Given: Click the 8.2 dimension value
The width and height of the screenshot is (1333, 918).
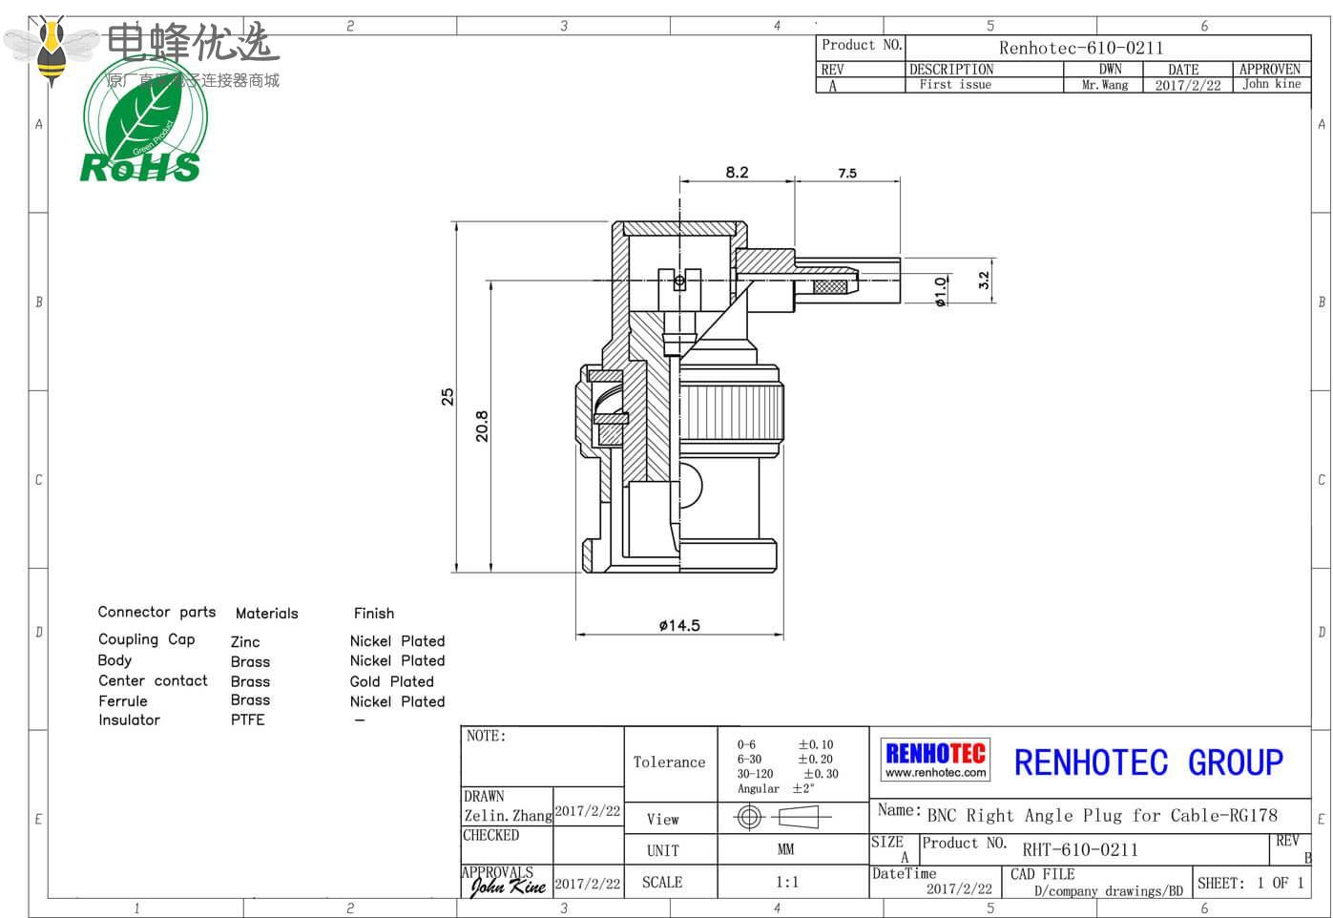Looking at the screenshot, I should click(x=737, y=173).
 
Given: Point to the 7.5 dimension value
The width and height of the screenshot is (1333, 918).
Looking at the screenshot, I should click(x=847, y=174).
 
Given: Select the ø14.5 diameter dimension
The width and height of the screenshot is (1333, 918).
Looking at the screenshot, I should click(x=679, y=626).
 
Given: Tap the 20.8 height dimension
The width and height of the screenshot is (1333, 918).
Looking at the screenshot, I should click(x=482, y=426).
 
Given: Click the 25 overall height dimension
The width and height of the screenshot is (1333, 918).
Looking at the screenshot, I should click(x=448, y=397).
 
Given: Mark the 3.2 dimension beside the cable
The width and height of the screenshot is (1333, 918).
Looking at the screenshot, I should click(x=984, y=281).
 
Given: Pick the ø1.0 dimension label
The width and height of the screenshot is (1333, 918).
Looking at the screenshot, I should click(x=941, y=291).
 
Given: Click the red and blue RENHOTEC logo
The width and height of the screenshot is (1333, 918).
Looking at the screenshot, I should click(x=935, y=760).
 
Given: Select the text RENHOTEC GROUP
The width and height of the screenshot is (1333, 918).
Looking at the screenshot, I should click(x=1148, y=762).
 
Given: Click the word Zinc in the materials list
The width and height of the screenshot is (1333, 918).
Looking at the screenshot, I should click(x=245, y=642).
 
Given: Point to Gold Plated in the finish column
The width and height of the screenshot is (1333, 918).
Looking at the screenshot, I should click(x=391, y=681).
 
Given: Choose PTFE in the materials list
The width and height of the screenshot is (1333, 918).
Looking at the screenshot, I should click(x=247, y=720).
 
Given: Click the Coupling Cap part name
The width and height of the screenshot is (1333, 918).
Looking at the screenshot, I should click(x=146, y=639).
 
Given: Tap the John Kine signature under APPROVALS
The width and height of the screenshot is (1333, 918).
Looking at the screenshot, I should click(x=508, y=887).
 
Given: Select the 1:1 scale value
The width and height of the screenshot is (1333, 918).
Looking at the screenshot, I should click(x=786, y=883).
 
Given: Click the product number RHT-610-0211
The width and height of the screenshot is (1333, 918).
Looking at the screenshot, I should click(x=1079, y=849).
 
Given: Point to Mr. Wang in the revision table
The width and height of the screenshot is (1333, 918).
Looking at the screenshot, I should click(x=1105, y=85).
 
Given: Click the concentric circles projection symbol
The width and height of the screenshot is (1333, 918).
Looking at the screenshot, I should click(x=749, y=817).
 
